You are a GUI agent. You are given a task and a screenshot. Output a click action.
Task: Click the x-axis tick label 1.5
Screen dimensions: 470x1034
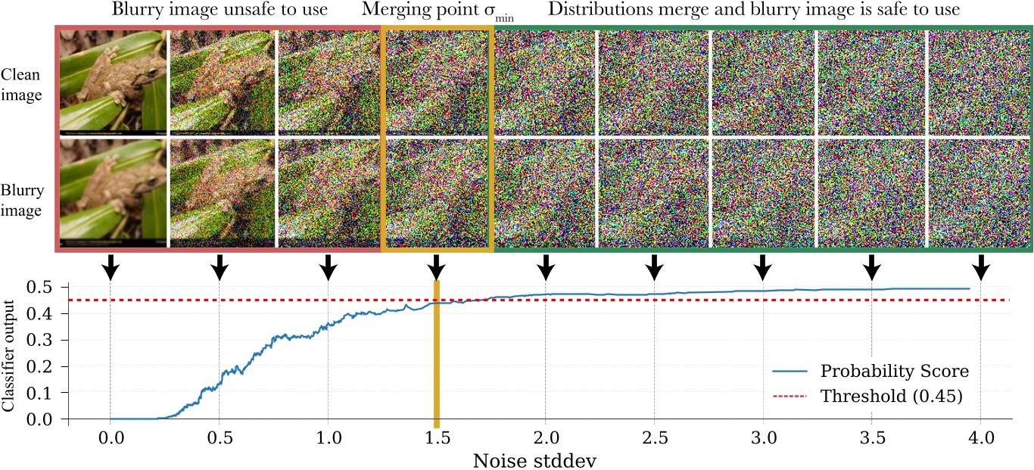(436, 438)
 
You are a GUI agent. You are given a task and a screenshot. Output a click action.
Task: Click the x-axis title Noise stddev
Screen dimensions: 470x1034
(543, 459)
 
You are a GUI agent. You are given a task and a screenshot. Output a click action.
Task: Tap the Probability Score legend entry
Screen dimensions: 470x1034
(894, 372)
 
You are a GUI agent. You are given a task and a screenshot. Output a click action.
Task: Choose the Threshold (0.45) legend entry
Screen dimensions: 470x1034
(891, 397)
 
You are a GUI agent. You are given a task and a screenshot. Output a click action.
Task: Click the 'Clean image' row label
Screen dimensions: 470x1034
(21, 85)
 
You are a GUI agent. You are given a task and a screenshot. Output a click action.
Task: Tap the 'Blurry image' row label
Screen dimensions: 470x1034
(21, 201)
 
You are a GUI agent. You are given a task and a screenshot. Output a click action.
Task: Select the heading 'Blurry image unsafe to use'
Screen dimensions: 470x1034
(220, 11)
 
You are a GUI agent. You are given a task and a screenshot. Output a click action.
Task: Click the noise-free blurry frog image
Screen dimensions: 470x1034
(113, 193)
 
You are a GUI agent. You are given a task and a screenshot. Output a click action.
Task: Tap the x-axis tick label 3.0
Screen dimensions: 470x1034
(763, 438)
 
